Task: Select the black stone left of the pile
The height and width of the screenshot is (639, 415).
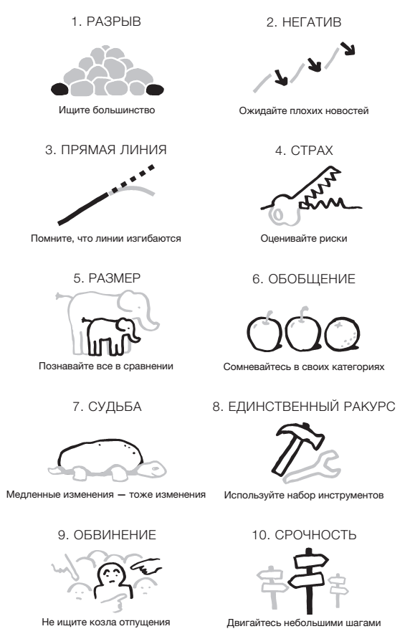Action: pos(60,90)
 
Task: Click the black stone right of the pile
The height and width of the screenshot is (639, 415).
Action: pos(154,90)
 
